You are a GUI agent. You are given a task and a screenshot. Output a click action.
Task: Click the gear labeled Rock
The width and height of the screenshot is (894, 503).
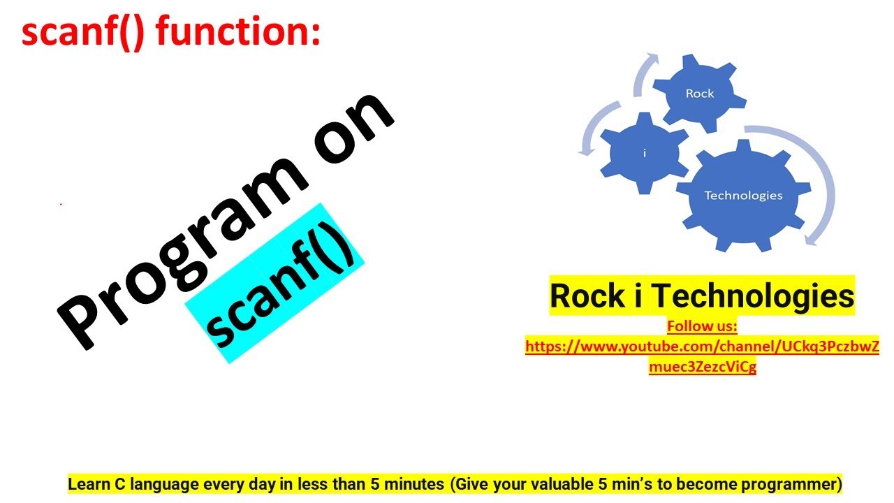[x=699, y=94]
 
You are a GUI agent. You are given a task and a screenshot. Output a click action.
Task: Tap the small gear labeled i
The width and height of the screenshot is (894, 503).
[x=644, y=152]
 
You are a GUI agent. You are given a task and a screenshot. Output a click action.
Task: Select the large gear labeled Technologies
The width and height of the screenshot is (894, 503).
[x=743, y=195]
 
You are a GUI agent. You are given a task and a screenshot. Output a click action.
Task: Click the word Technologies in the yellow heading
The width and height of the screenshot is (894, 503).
[x=757, y=296]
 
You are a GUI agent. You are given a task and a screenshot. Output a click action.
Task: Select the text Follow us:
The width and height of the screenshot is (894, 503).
[x=702, y=326]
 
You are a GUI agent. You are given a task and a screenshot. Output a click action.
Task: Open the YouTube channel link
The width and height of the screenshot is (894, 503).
[x=702, y=346]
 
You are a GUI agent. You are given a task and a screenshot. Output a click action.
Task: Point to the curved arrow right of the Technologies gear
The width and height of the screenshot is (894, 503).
[x=824, y=182]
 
